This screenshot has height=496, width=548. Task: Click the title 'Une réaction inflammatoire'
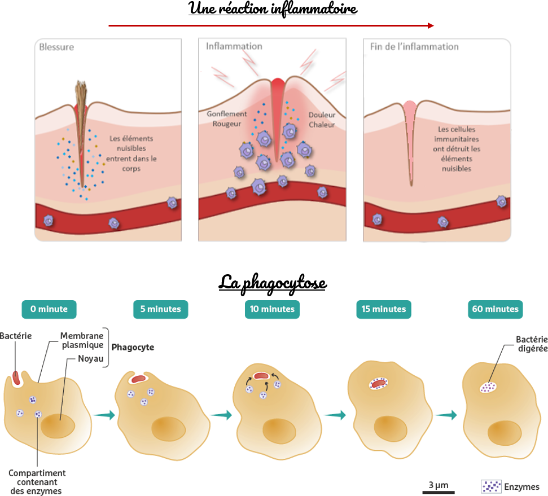tap(273, 10)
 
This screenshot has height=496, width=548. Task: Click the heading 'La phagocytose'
tap(273, 282)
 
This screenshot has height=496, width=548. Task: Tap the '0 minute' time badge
tap(49, 309)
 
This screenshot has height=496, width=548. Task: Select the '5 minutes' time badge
tap(161, 309)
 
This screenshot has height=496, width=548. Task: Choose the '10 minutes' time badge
tap(273, 309)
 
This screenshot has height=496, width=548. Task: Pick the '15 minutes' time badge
tap(384, 309)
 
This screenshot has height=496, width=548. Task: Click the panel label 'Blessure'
tap(56, 47)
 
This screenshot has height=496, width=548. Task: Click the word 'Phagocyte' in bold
tap(133, 348)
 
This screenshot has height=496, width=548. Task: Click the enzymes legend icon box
tap(490, 486)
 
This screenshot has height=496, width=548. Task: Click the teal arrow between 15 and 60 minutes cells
tap(446, 415)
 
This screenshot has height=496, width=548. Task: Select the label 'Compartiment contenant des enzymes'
tap(37, 482)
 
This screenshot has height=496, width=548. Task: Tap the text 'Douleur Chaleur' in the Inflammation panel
tap(322, 120)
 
